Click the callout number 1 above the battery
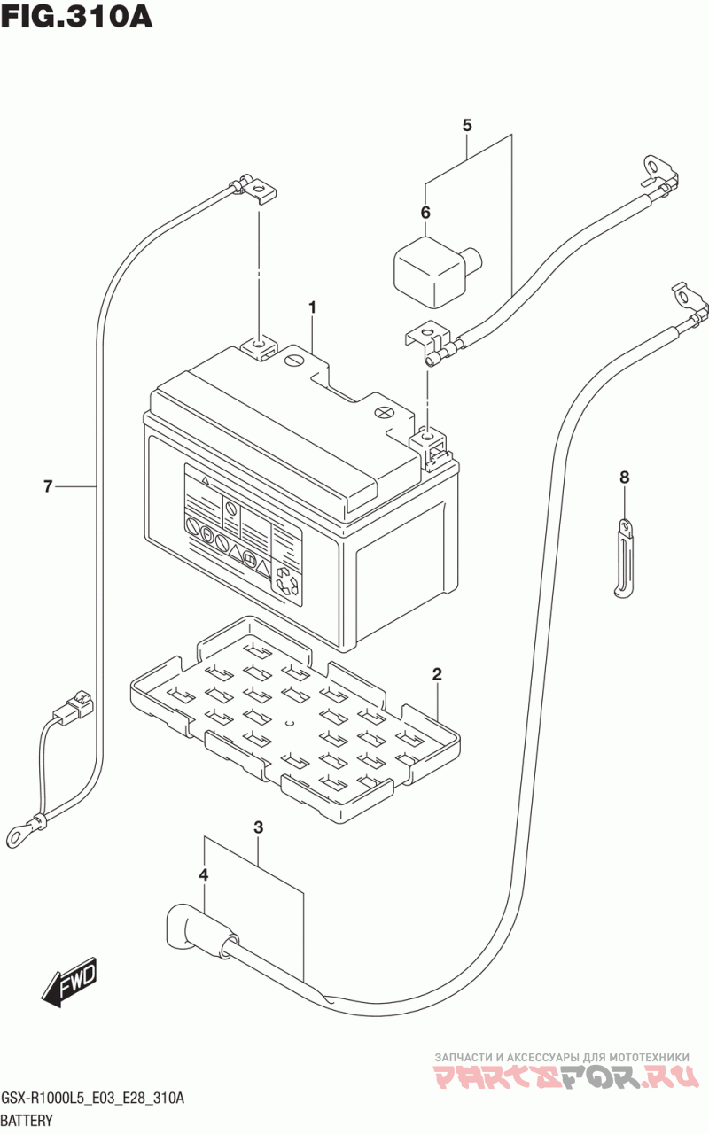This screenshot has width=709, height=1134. (313, 307)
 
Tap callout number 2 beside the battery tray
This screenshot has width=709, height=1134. (437, 674)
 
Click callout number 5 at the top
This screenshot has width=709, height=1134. (467, 125)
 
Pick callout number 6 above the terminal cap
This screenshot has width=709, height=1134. (425, 213)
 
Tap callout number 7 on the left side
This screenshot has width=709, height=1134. (48, 486)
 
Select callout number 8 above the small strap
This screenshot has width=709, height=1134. (624, 477)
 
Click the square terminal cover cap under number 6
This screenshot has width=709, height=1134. (437, 270)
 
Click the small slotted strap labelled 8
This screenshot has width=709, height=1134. (623, 558)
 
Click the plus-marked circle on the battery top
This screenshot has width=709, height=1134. (384, 413)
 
